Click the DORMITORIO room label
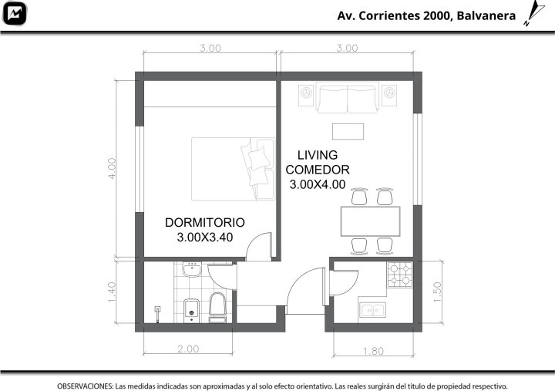(204, 222)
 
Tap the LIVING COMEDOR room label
(318, 162)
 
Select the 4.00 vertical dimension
(112, 168)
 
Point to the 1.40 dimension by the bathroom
(112, 292)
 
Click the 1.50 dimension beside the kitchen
(438, 292)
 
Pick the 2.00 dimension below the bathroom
(188, 349)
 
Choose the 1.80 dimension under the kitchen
(373, 351)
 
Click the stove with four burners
(400, 275)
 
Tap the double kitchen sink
(372, 310)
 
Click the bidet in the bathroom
(191, 311)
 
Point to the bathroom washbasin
(191, 269)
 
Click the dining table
(370, 221)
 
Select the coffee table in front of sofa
(348, 131)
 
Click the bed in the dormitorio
(234, 170)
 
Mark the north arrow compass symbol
(533, 13)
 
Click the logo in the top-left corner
(15, 13)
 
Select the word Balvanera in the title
(486, 16)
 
